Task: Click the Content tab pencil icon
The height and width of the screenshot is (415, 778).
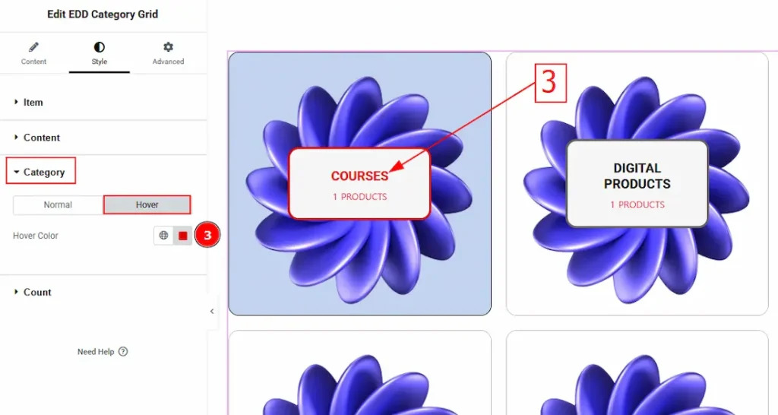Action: coord(33,47)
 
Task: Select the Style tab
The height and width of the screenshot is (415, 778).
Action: coord(100,54)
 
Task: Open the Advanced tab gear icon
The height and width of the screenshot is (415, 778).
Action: coord(168,46)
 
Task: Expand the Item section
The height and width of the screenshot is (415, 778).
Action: coord(29,103)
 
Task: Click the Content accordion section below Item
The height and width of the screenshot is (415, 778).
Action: coord(37,138)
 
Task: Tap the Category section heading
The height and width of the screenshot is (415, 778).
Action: coord(41,172)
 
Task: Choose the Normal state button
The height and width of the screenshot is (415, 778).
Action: coord(58,204)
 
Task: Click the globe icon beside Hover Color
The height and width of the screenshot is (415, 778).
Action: coord(163,236)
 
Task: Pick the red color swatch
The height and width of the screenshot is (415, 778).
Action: coord(182,236)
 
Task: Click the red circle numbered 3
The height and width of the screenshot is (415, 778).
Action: coord(207,235)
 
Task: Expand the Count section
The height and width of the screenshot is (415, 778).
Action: coord(33,292)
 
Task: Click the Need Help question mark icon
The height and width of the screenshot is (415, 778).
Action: coord(123,351)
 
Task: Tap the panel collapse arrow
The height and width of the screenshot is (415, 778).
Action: coord(212,312)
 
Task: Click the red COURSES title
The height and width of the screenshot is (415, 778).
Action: coord(359,176)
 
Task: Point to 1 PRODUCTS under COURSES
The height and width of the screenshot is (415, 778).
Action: coord(359,197)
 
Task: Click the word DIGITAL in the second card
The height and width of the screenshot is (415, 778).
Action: coord(637,168)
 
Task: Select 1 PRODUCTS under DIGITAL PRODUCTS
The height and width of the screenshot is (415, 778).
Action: coord(637,204)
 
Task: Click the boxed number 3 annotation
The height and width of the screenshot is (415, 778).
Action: coord(550,83)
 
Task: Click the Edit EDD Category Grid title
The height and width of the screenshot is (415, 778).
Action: coord(103,14)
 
